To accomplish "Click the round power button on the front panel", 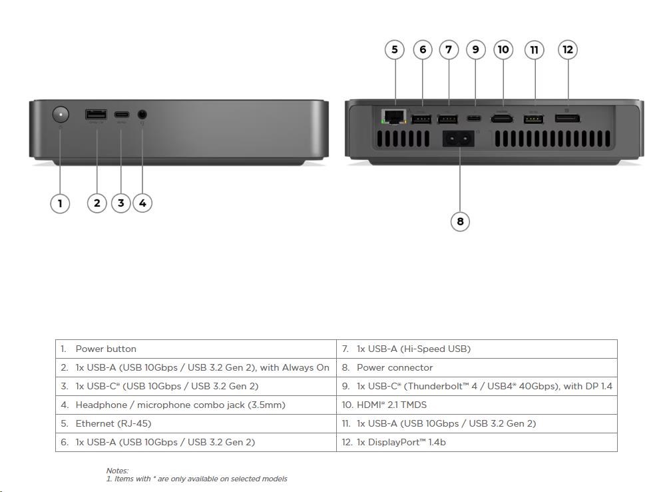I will coord(61,115).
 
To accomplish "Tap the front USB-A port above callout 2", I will coord(96,114).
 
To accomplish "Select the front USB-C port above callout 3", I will coord(121,114).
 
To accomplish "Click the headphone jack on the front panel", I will coord(142,115).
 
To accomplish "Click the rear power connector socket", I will coord(460,139).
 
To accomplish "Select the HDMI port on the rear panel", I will coord(502,119).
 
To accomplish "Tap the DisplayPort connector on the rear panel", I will coord(567,119).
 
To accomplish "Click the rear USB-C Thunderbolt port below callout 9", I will coord(475,119).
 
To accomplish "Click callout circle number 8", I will coord(460,221).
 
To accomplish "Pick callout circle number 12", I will coord(567,49).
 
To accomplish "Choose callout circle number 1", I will coord(60,203).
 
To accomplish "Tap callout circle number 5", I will coord(395,49).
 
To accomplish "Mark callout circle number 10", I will coord(503,49).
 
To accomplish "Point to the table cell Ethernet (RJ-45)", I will coord(108,423).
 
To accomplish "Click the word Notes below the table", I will coord(117,471).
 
